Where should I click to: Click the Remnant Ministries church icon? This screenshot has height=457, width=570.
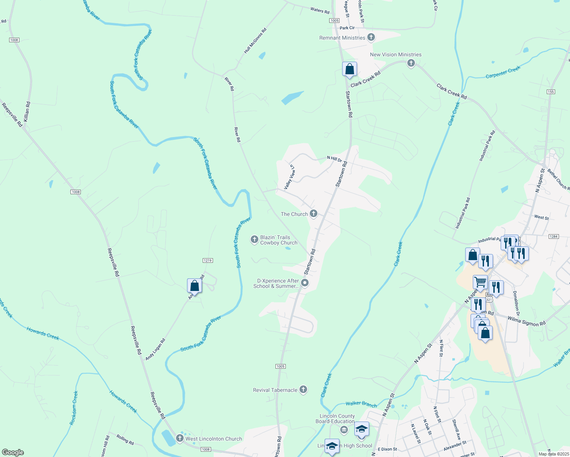[x=371, y=37]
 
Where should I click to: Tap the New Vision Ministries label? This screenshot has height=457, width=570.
[x=395, y=54]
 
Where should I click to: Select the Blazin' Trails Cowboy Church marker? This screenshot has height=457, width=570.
[x=254, y=240]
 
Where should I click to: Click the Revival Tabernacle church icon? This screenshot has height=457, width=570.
[x=303, y=390]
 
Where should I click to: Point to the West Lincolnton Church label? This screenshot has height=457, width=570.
[x=213, y=439]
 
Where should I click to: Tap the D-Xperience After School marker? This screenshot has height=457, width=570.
[x=305, y=283]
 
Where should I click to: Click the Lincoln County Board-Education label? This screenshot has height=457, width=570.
[x=335, y=419]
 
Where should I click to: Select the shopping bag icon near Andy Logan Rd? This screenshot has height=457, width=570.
[x=194, y=286]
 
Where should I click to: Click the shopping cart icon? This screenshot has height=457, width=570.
[x=480, y=282]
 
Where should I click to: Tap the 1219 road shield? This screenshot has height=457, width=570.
[x=208, y=260]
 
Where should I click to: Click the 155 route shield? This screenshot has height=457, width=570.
[x=551, y=92]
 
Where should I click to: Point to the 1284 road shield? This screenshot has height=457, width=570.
[x=554, y=236]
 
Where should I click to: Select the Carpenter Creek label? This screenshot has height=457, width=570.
[x=503, y=72]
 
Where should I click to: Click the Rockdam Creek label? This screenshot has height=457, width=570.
[x=74, y=407]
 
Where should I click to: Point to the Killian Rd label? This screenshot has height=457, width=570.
[x=26, y=111]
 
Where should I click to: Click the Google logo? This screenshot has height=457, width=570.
[x=13, y=452]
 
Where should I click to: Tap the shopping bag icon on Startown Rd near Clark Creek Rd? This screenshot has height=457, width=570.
[x=349, y=69]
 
